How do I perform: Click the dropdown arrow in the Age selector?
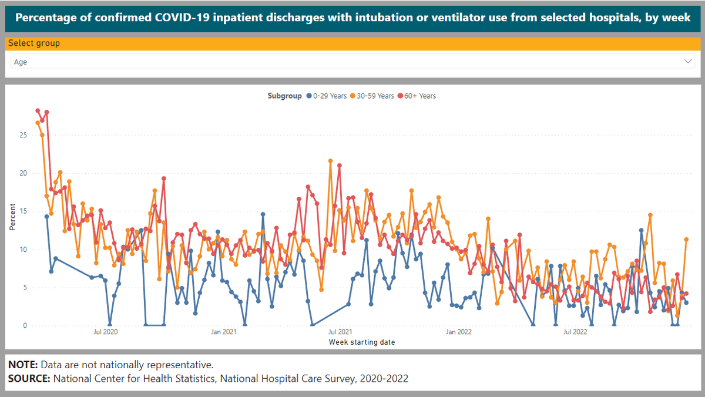pos(688,62)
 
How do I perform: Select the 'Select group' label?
pos(34,43)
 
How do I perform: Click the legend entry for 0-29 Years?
pos(327,96)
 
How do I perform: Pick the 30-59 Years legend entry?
pos(373,96)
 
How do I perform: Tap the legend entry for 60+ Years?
pos(417,96)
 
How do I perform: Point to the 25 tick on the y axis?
pos(23,135)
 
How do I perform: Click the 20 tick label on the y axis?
pos(23,173)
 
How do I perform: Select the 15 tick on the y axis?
pos(23,211)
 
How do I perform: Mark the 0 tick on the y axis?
pos(25,326)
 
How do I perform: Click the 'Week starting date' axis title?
pos(361,342)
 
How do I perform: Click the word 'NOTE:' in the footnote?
pos(23,365)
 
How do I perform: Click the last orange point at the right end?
pos(686,240)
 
